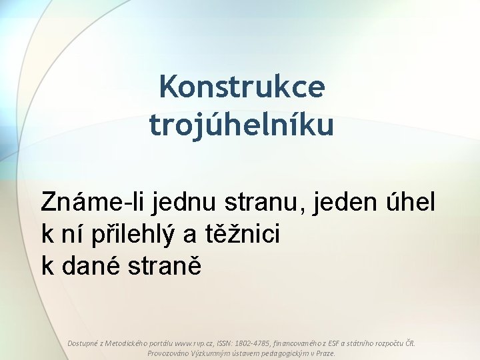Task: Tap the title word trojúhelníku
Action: coord(241,125)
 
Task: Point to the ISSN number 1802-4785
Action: coord(249,343)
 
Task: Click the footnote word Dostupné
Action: coord(84,343)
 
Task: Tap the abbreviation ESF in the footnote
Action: coord(335,343)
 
